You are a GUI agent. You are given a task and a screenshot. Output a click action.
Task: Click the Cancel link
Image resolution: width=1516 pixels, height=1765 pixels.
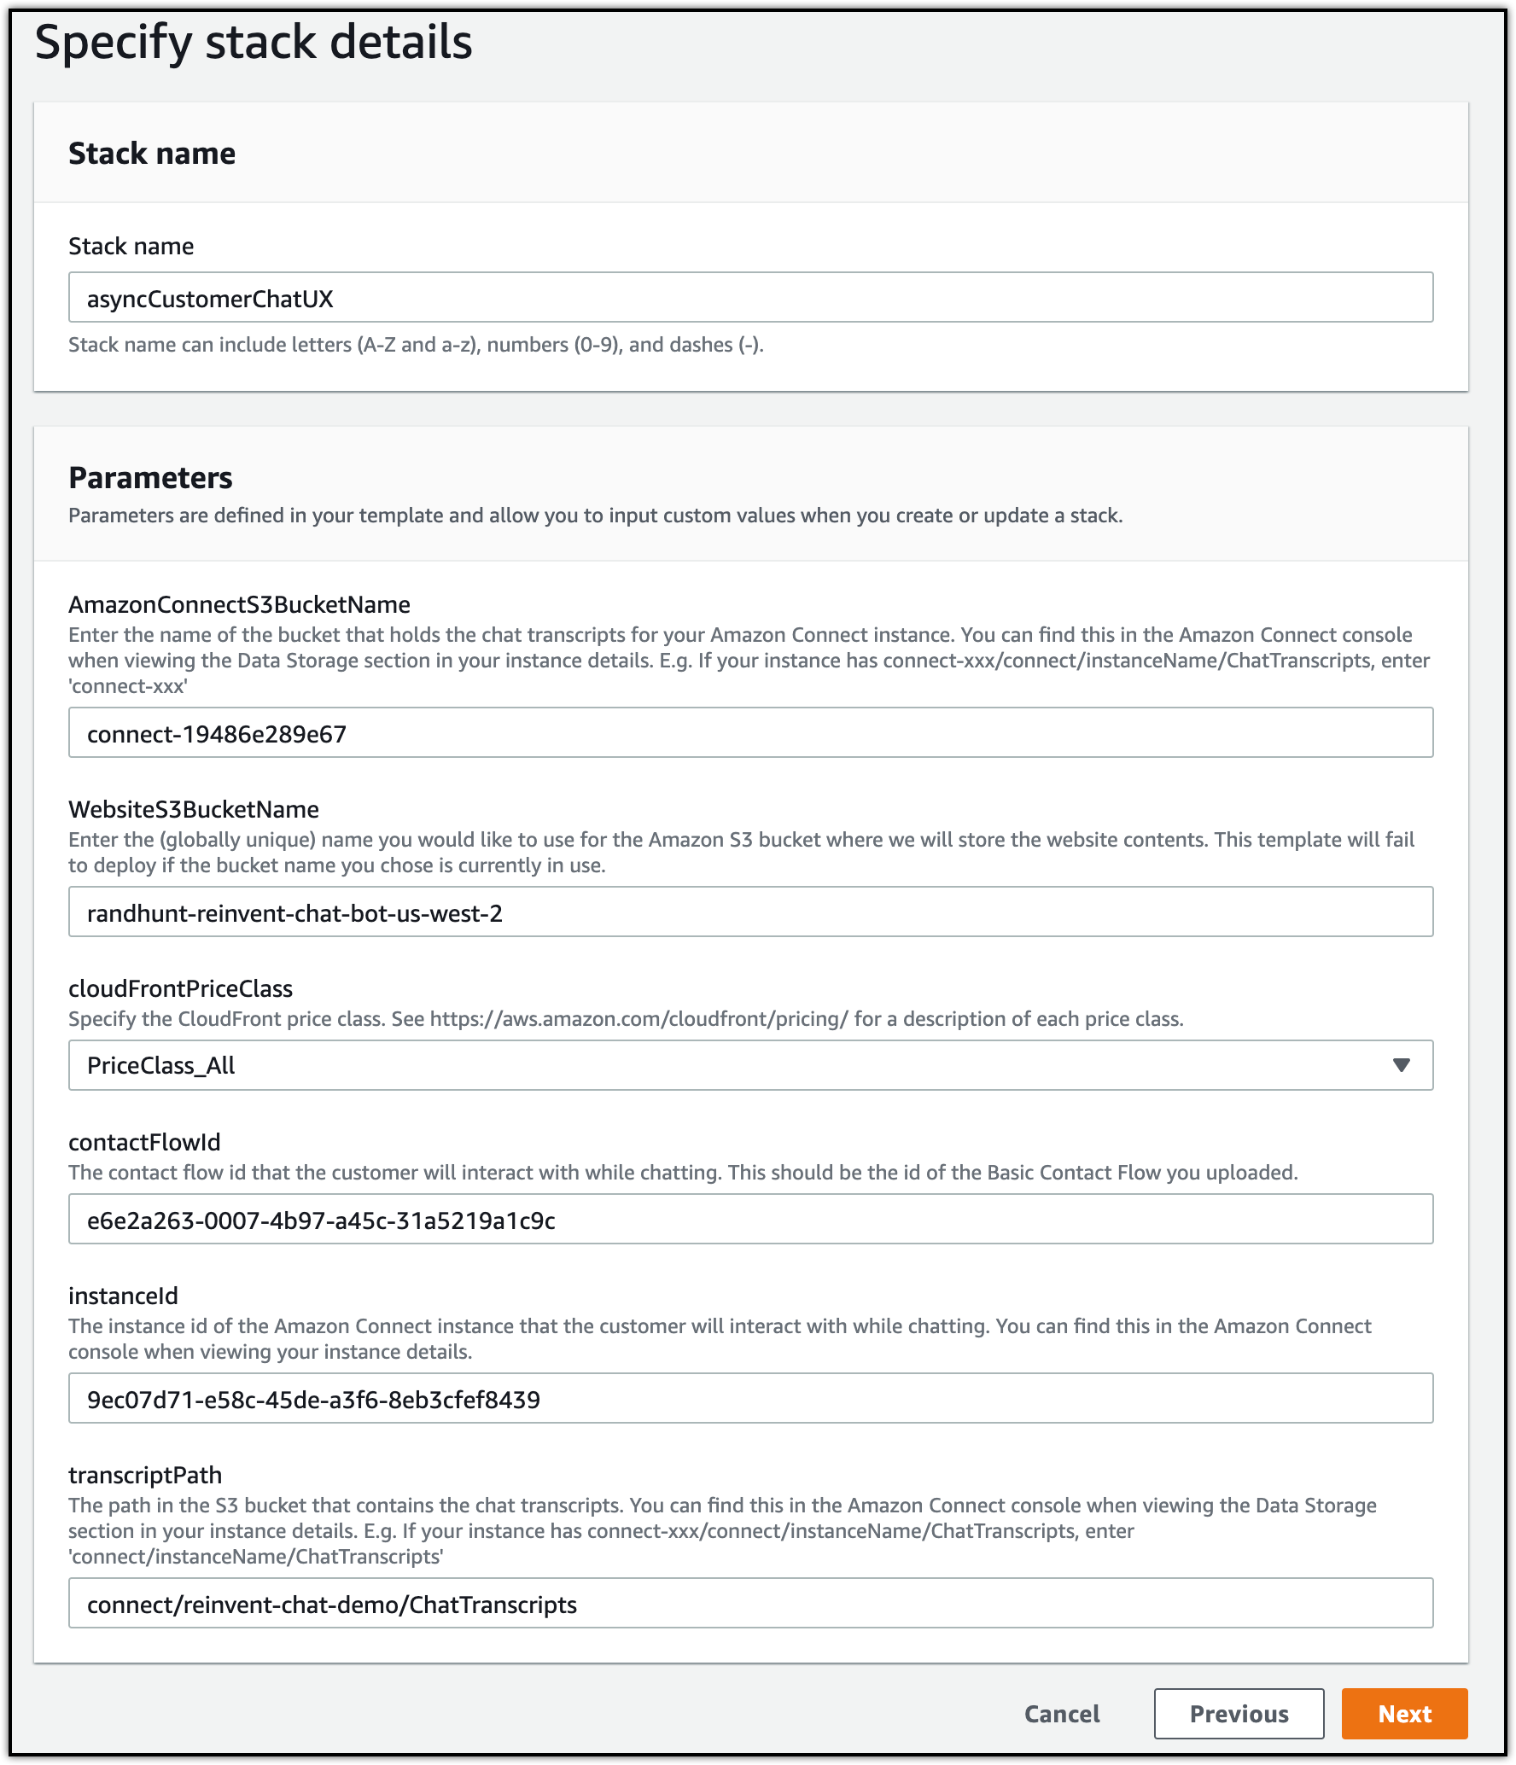[1062, 1714]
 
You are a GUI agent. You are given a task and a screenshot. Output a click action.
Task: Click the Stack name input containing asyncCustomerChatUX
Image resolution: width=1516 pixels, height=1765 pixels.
[749, 298]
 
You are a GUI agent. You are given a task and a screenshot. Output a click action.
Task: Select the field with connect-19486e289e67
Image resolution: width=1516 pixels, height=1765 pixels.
[749, 733]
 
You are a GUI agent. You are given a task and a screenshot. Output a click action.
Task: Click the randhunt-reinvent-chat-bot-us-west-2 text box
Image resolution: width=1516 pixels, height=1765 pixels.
[749, 912]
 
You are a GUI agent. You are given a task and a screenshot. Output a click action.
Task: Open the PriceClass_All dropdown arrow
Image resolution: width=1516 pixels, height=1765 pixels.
[1400, 1065]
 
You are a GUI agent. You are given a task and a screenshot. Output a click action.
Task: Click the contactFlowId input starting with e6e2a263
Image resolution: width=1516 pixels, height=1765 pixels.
[749, 1220]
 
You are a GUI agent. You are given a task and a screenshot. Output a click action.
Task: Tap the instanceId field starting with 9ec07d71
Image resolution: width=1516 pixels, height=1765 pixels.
[749, 1399]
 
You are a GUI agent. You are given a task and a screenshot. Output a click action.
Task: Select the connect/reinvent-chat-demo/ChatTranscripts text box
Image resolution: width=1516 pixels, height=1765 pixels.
[749, 1604]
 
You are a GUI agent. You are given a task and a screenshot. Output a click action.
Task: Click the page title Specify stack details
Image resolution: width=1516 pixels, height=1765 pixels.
[254, 42]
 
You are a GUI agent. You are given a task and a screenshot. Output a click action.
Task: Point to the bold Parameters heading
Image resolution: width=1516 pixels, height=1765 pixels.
[150, 478]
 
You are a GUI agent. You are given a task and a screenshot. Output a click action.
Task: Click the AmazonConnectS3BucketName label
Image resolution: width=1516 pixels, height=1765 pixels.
[239, 605]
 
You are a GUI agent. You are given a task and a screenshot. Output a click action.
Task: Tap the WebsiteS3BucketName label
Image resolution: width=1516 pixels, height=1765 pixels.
[194, 810]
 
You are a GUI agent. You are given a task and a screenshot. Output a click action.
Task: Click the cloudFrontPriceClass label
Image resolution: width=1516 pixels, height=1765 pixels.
[180, 989]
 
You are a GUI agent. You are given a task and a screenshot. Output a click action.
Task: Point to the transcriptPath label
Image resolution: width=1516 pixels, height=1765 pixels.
[145, 1476]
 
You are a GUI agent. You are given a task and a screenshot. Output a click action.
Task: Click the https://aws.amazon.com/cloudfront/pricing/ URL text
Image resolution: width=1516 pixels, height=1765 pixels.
[638, 1019]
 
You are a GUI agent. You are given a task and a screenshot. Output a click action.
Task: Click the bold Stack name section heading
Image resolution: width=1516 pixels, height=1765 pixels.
[152, 154]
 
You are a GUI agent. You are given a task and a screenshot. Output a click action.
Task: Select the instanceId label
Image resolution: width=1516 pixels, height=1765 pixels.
[123, 1296]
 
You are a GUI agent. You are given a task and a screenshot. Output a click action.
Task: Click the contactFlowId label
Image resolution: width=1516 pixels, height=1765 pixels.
[144, 1143]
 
